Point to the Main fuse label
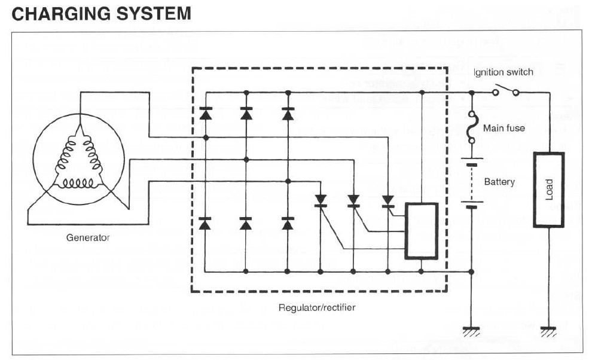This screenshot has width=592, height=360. (x=504, y=127)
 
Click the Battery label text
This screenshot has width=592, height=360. (x=499, y=181)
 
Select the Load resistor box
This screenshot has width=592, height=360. (x=548, y=190)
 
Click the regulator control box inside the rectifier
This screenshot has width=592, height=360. (x=422, y=231)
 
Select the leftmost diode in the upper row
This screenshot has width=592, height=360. (x=205, y=113)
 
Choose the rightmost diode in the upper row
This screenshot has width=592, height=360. (x=288, y=113)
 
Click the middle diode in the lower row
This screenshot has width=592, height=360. (x=246, y=224)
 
